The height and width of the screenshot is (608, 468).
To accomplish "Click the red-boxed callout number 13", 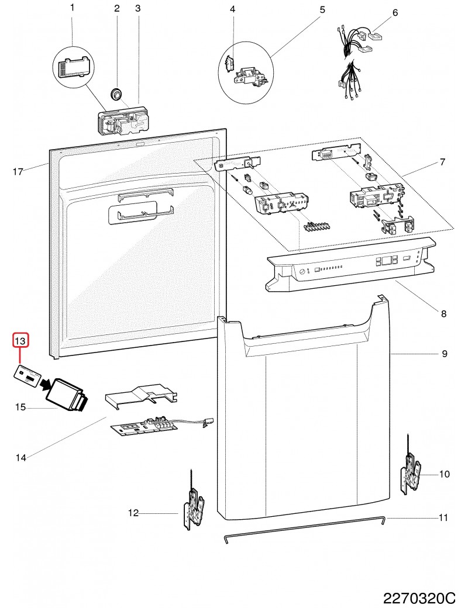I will pos(20,340).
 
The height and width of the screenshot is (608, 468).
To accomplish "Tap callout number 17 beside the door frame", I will pos(18,172).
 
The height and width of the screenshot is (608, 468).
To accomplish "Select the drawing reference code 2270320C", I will pos(419,598).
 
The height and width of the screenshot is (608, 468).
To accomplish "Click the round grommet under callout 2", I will pos(116,92).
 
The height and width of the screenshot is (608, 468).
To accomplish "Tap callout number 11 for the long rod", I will pos(443,517).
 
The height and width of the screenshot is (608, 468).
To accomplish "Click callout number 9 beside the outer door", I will pos(444,354).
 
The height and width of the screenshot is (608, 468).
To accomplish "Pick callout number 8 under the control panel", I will pos(443,314).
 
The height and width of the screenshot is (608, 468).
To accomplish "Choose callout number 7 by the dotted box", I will pos(443,161).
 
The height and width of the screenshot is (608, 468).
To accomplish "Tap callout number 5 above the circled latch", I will pos(322,9).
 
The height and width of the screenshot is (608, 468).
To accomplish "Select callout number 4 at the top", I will pos(232,9).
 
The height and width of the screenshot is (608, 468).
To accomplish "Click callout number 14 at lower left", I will pos(20,458).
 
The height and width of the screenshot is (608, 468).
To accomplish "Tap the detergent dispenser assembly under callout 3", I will pos(123,122).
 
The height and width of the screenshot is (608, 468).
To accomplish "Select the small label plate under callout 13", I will pos(27,375).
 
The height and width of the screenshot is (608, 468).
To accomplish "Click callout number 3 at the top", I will pos(138,9).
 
